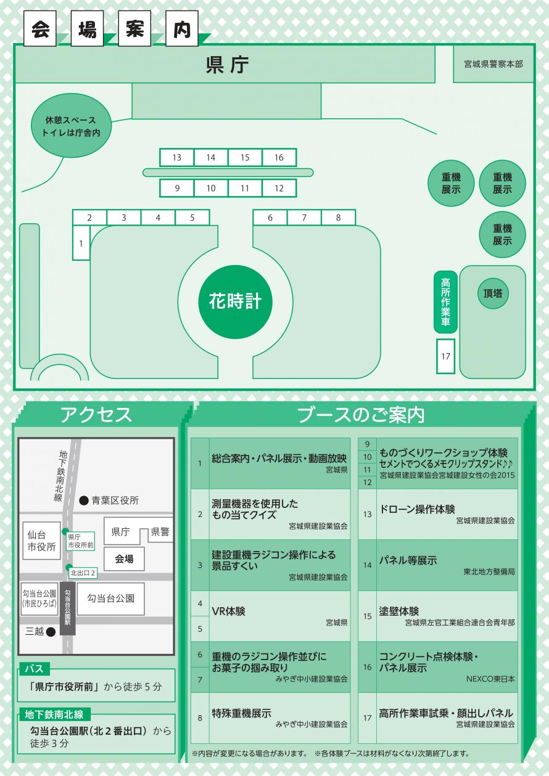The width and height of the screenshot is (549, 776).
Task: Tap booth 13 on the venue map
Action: (x=177, y=158)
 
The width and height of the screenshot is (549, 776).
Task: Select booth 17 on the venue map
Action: (x=445, y=356)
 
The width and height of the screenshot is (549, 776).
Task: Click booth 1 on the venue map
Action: (x=81, y=243)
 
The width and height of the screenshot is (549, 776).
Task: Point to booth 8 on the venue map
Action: (x=338, y=218)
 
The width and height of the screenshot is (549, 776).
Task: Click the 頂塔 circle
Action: (x=493, y=293)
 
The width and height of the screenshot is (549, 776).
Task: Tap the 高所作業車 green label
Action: (x=445, y=302)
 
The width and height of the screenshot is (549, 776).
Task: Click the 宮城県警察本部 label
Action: (x=498, y=63)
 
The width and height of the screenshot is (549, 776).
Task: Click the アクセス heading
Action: (x=96, y=415)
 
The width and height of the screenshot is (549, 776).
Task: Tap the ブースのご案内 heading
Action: (x=361, y=415)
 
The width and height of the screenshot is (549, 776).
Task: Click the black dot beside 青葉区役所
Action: (x=84, y=501)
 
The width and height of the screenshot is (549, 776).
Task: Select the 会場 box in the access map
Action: (x=124, y=559)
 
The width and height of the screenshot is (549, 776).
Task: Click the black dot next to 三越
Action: (x=51, y=632)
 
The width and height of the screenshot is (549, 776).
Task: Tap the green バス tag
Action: (x=33, y=669)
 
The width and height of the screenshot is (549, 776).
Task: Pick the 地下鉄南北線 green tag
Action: (x=54, y=714)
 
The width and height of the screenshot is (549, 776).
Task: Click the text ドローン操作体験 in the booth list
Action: (x=417, y=509)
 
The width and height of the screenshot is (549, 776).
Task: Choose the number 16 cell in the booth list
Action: (x=368, y=667)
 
